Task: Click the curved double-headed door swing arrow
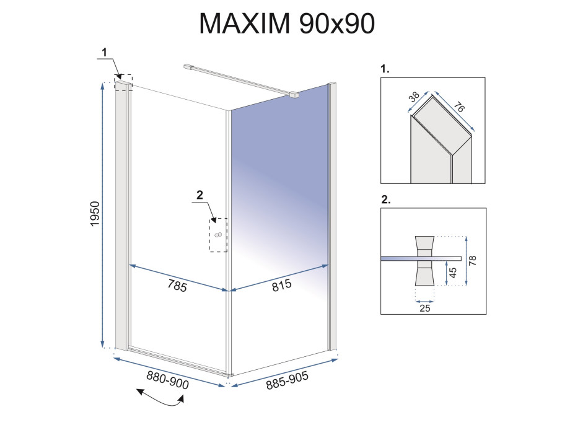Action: [x=160, y=399]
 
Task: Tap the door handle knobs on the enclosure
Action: [x=218, y=235]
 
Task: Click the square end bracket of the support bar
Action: [x=294, y=95]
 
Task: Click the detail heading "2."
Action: [x=385, y=201]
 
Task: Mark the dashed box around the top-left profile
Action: [x=124, y=84]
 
